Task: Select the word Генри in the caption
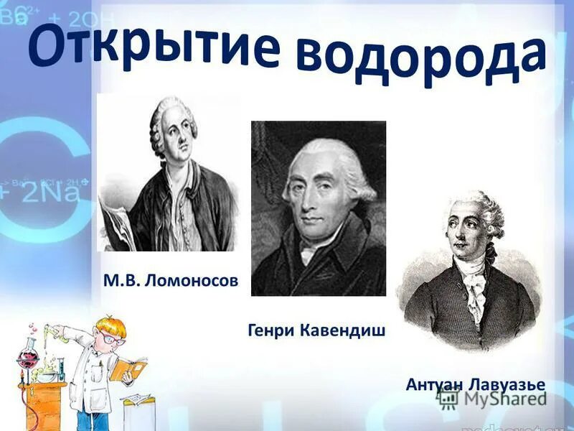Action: coord(271,331)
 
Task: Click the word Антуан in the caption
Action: coord(433,385)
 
